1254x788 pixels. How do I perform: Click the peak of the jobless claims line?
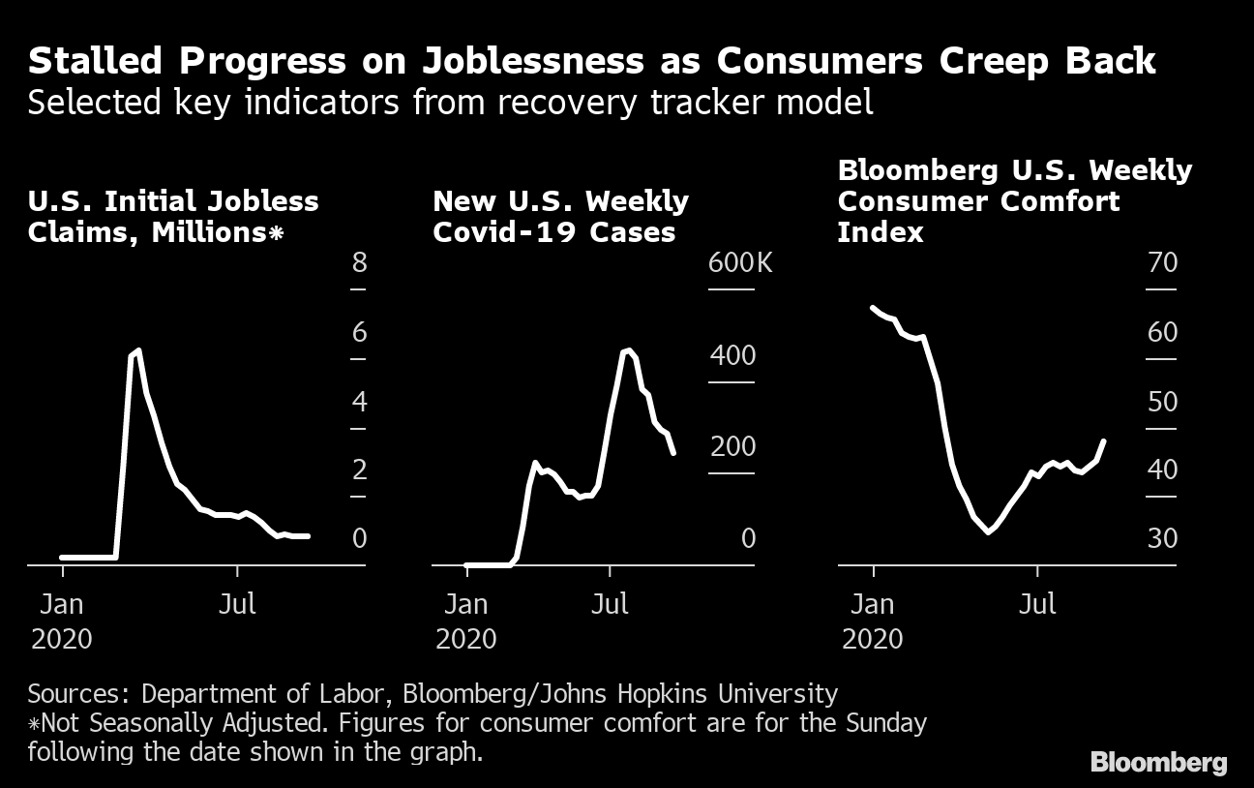(138, 350)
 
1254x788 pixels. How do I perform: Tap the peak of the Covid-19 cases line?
(629, 350)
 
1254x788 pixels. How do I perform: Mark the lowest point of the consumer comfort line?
(988, 531)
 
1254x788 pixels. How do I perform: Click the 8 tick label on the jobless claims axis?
(359, 262)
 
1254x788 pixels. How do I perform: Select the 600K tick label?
(741, 262)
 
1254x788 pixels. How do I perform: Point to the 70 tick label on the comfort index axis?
(1162, 262)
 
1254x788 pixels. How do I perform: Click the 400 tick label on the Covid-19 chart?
(732, 354)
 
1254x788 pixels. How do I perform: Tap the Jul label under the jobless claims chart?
(237, 604)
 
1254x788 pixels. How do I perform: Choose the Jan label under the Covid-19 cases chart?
(466, 604)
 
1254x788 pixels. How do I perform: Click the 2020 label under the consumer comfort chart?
(873, 639)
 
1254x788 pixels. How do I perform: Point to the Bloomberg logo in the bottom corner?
(1158, 762)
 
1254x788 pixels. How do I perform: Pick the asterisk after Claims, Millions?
(277, 233)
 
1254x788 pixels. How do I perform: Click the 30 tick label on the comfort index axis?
(1162, 537)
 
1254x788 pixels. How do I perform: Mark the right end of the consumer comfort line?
(1104, 441)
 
